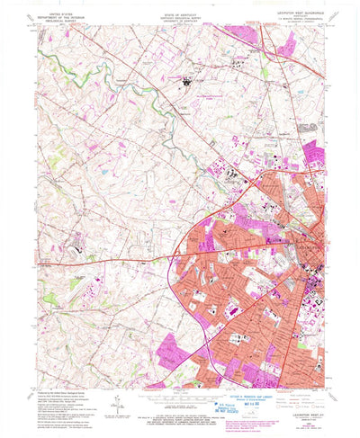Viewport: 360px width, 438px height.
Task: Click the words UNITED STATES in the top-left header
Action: tap(52, 12)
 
